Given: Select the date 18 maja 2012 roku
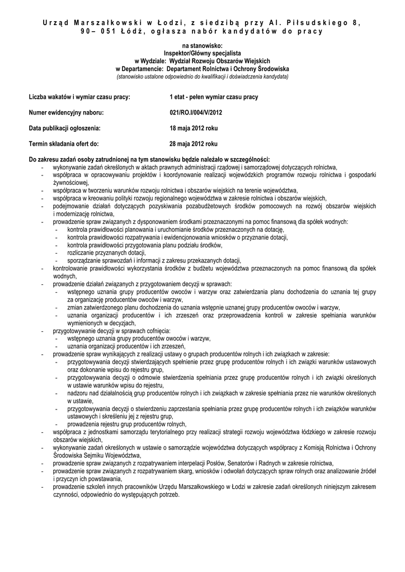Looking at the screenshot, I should (x=194, y=128).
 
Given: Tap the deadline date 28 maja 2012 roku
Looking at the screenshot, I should (x=194, y=144).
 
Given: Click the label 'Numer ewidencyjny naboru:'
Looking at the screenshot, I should (x=67, y=112).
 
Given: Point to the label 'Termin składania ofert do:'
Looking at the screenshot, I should (x=64, y=144).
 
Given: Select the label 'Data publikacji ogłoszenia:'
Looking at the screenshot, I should (x=68, y=128).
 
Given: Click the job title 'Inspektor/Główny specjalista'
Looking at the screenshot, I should (x=202, y=51).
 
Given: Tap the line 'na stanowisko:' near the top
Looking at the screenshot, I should (x=202, y=45).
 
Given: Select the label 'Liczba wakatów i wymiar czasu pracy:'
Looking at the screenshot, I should (x=79, y=97).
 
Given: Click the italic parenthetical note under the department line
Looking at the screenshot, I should (x=202, y=75).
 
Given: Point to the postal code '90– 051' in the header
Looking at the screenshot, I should (x=96, y=31).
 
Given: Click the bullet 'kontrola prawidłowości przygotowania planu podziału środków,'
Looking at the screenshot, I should (x=145, y=245).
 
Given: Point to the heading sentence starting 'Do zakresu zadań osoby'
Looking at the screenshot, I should (x=149, y=159).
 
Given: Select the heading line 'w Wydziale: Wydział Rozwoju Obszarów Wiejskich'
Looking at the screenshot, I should (x=202, y=60).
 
